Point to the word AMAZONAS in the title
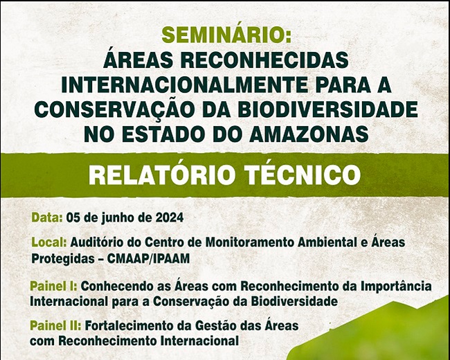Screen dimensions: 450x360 (x=309, y=134)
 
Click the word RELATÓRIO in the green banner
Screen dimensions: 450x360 (x=161, y=174)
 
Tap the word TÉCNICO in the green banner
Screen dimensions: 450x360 (x=303, y=174)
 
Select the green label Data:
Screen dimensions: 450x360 (x=47, y=217)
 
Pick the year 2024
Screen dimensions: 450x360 (x=170, y=217)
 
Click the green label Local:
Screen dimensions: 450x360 (x=49, y=242)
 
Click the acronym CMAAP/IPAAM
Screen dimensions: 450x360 (x=148, y=259)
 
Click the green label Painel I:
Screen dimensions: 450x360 (x=54, y=286)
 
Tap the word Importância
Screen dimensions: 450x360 (x=396, y=286)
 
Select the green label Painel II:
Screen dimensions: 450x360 (x=55, y=325)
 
